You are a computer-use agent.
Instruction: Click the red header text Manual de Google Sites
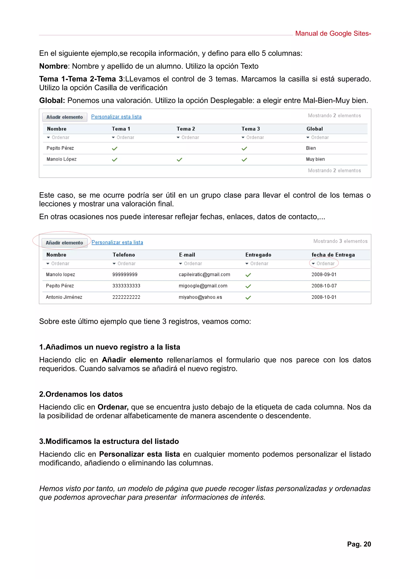coord(333,34)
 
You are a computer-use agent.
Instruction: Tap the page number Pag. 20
coord(359,544)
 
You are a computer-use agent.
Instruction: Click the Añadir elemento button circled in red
coord(64,243)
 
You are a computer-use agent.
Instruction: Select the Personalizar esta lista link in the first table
coord(116,117)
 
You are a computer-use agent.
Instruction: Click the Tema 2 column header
coord(186,129)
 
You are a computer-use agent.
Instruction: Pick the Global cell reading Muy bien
coord(315,159)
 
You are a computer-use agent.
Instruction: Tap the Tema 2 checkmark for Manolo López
coord(179,160)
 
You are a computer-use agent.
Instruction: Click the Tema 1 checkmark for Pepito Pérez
coord(115,148)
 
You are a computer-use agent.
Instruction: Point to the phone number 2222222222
coord(126,297)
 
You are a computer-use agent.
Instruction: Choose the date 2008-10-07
coord(324,286)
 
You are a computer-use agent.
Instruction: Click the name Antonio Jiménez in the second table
coord(64,297)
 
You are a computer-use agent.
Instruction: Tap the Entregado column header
coord(258,255)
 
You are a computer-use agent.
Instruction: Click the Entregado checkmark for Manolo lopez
coord(248,275)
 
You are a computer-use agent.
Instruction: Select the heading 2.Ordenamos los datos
coord(81,394)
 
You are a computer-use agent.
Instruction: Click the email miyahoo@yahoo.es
coord(200,297)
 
